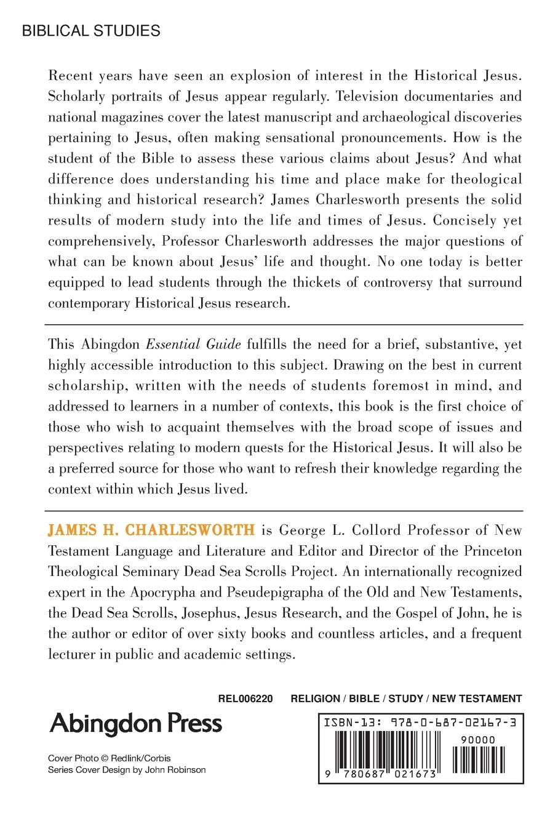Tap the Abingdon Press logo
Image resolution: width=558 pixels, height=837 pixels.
click(x=135, y=724)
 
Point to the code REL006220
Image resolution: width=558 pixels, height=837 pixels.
click(x=245, y=699)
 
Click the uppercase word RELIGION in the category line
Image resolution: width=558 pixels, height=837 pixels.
click(x=315, y=699)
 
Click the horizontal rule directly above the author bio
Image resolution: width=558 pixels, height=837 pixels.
click(x=284, y=511)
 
